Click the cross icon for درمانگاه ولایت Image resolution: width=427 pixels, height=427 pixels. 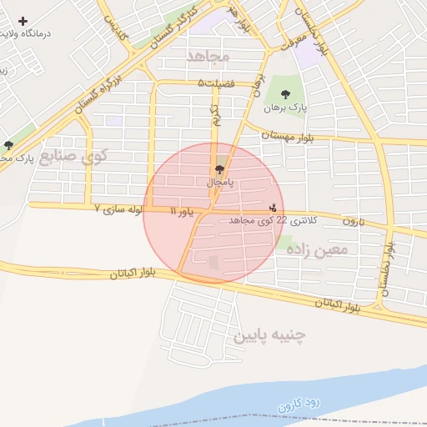pyautogui.click(x=23, y=21)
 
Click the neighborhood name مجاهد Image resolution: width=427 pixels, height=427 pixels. pyautogui.click(x=208, y=57)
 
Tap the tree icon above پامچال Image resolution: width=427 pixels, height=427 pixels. pyautogui.click(x=220, y=168)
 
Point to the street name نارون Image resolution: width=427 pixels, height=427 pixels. pyautogui.click(x=353, y=222)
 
